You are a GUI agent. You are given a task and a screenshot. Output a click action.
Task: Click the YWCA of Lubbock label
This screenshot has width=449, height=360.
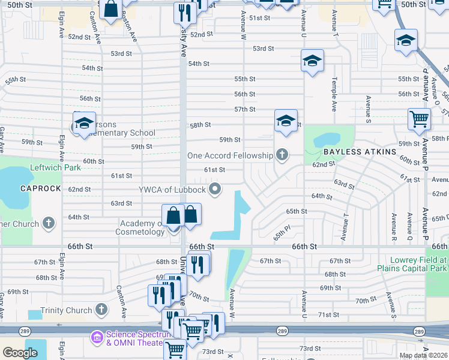[172, 190]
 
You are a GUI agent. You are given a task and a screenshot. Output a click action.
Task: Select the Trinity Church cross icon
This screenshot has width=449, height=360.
[101, 310]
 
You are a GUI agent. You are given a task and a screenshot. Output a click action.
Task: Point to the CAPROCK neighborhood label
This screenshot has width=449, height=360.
[24, 188]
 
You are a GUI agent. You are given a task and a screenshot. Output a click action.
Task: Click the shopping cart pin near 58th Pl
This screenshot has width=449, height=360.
[419, 118]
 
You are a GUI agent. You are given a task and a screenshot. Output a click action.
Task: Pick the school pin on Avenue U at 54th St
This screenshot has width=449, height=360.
[312, 61]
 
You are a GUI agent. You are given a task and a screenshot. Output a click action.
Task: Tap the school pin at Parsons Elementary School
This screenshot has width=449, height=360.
[84, 123]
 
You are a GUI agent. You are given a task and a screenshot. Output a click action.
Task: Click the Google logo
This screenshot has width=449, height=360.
[20, 352]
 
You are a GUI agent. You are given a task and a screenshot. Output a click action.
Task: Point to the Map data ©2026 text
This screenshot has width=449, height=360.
[423, 355]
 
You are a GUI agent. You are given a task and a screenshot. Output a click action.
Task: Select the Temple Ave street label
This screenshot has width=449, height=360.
[334, 94]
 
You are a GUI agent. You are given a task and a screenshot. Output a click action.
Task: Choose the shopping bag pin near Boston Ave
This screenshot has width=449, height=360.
[111, 10]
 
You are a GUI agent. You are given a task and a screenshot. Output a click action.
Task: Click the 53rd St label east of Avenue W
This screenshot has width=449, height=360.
[263, 49]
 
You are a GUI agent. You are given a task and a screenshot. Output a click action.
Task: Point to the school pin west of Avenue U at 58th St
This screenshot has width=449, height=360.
[286, 121]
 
